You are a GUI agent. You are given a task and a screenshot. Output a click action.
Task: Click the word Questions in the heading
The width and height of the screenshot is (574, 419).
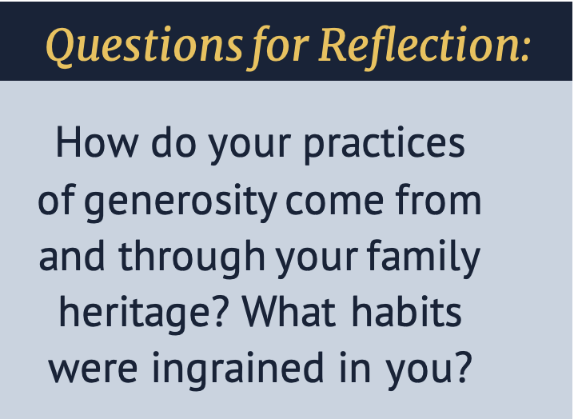[144, 47]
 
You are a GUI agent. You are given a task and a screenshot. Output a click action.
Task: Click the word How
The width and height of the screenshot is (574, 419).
[97, 142]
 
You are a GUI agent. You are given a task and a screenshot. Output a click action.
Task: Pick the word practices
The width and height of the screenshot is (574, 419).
[385, 145]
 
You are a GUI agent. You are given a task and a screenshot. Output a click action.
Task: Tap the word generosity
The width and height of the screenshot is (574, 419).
[181, 202]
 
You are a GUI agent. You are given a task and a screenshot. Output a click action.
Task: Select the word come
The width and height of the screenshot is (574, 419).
[335, 202]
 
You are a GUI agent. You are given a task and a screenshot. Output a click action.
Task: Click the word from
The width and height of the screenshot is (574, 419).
[438, 199]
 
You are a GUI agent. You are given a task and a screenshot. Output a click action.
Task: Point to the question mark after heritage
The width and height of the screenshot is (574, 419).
[219, 311]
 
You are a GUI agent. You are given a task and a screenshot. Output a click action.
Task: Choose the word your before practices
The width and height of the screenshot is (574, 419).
[250, 146]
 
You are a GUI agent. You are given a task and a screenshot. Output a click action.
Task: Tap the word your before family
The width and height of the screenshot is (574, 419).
[317, 261]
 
